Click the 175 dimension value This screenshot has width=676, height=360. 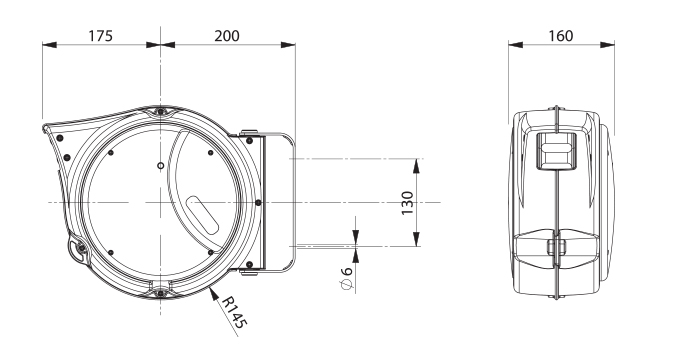pos(100,36)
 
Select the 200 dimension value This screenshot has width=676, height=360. pos(227,36)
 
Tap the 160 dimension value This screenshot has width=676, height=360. pos(561,36)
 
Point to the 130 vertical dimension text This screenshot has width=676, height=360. pos(407,203)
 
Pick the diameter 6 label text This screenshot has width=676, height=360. pos(346,279)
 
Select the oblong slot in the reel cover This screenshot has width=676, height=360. pos(203,216)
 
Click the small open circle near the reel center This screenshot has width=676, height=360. pos(160,166)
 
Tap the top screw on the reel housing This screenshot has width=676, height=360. pos(160,112)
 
